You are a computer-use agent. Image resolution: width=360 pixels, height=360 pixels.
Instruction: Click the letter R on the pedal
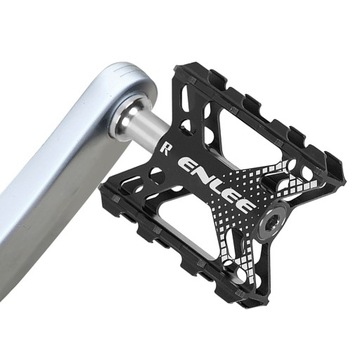click(x=163, y=154)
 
